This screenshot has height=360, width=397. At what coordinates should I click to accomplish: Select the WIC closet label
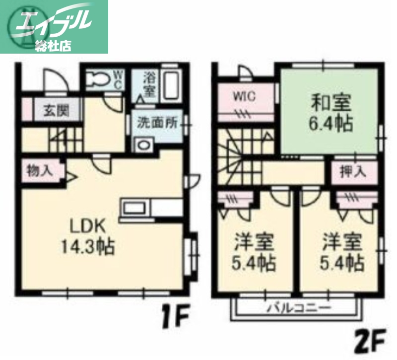click(245, 96)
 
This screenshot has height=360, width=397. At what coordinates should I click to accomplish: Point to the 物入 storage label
click(40, 170)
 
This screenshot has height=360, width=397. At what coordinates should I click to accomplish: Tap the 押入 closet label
click(353, 172)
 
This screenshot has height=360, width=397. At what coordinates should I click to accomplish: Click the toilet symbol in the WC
click(99, 79)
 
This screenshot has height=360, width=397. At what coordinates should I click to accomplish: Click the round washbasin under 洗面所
click(144, 146)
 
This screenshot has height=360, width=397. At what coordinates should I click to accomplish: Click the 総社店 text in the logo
click(53, 46)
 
